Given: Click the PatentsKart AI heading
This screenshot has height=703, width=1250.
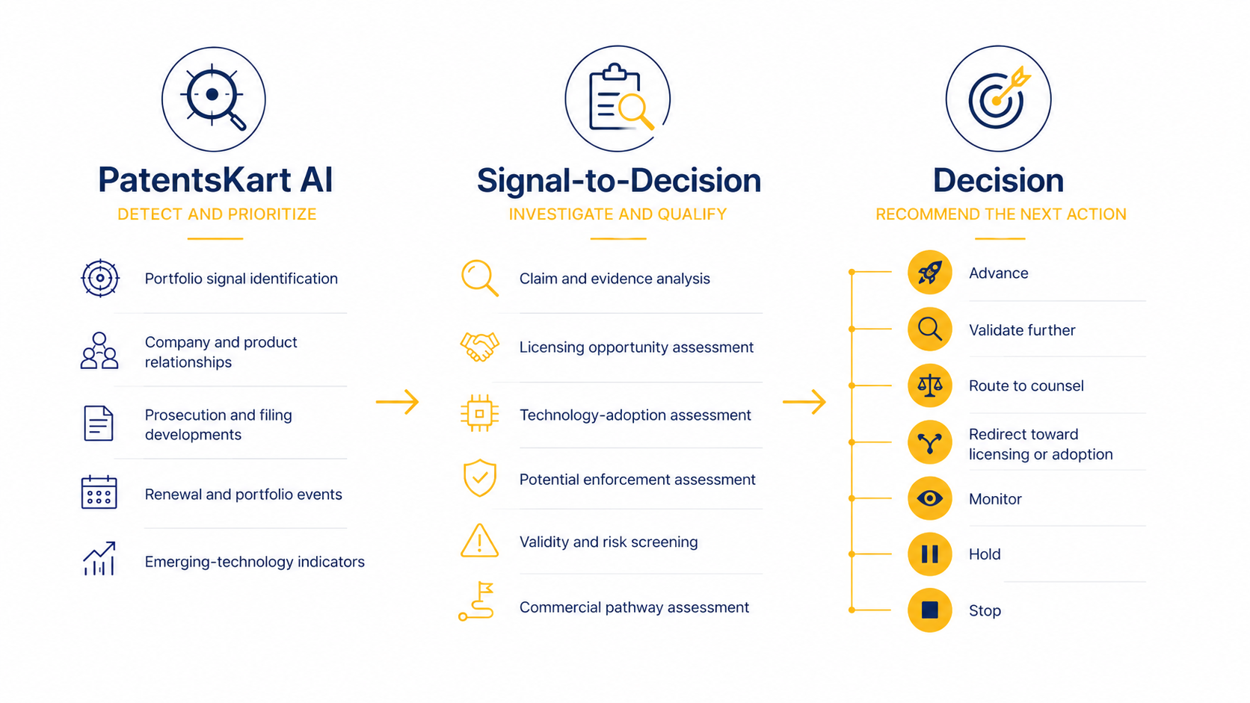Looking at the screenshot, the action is pos(215,180).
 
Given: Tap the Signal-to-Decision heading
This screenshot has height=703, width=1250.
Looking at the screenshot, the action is pos(619,181).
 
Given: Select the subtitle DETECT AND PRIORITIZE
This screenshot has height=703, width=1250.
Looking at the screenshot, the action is pos(217,214).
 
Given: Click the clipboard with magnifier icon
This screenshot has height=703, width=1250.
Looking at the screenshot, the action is pos(618,99).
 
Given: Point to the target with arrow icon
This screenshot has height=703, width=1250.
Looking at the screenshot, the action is pos(998,98).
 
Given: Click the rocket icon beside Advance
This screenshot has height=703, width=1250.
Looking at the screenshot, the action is pos(930,273).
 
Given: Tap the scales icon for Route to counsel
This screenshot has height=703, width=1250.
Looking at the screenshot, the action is pos(930,385).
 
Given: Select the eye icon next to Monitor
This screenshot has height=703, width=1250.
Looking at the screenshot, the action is pos(930,498).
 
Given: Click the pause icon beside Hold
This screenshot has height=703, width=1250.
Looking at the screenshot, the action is pos(930,554).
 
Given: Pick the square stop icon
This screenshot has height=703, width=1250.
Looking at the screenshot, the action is pos(930,610).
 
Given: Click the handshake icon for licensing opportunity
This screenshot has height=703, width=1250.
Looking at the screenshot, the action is pos(479,347).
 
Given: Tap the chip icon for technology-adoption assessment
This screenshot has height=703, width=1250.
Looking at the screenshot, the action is pos(479,414).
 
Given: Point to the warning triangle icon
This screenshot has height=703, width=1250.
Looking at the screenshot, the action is pos(479,541).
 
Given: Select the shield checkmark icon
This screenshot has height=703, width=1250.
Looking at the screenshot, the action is pos(480,478).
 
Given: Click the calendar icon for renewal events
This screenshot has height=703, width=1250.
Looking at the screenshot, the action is pos(99,492).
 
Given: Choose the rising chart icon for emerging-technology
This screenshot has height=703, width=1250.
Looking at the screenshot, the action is pos(99,558).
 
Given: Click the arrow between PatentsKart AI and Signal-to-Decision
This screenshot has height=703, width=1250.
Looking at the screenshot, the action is pos(397,401).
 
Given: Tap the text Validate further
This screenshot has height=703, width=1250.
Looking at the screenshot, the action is pos(1022,330).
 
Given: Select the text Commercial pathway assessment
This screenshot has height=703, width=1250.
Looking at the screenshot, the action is pos(634,607).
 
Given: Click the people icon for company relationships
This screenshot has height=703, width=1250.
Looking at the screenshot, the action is pos(99,350).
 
